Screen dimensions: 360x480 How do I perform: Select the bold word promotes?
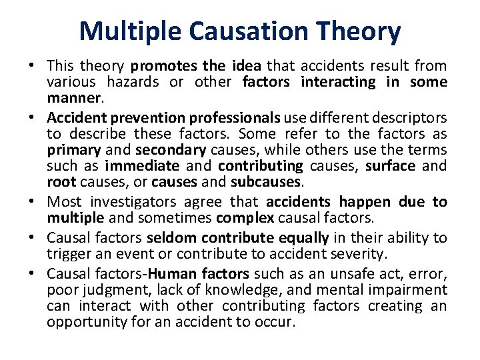[x=164, y=66]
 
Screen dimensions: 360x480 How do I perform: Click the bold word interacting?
[x=339, y=82]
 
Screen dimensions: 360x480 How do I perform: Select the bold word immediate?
[x=142, y=166]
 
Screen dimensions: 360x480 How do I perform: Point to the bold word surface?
[x=395, y=166]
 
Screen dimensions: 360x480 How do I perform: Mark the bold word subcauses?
[x=267, y=182]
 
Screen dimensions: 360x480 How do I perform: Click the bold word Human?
[x=169, y=274]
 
